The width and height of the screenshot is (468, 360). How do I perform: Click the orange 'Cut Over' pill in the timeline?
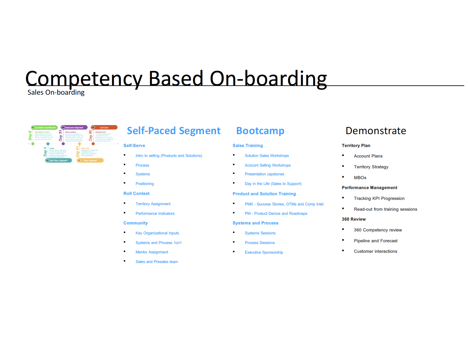(x=104, y=127)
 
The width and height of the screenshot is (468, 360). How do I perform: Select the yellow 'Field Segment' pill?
(x=90, y=160)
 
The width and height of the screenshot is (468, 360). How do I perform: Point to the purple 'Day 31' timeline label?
(x=61, y=136)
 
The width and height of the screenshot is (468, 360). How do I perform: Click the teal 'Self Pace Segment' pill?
(x=58, y=160)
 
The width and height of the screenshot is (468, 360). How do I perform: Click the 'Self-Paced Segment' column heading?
(x=173, y=131)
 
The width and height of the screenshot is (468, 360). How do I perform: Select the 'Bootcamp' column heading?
(x=260, y=131)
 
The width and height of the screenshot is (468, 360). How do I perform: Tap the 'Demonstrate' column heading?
(x=376, y=131)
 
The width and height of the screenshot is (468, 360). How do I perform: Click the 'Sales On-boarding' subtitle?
(x=56, y=92)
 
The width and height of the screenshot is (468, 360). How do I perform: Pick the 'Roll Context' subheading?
(x=136, y=193)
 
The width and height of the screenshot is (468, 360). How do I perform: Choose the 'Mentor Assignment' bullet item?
(x=152, y=252)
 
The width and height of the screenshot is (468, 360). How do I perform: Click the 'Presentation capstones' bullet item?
(x=264, y=174)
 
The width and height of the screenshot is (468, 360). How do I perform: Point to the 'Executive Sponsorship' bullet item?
(x=264, y=252)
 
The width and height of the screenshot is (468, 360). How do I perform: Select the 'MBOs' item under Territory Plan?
(x=360, y=178)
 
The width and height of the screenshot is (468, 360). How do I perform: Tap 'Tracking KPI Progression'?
(x=379, y=198)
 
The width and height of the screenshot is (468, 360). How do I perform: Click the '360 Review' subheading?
(x=354, y=219)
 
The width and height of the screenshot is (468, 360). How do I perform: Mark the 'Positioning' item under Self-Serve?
(x=144, y=184)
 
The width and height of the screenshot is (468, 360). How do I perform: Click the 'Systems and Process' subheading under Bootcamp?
(x=255, y=223)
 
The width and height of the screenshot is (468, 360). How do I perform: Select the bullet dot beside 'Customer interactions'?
(x=343, y=251)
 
